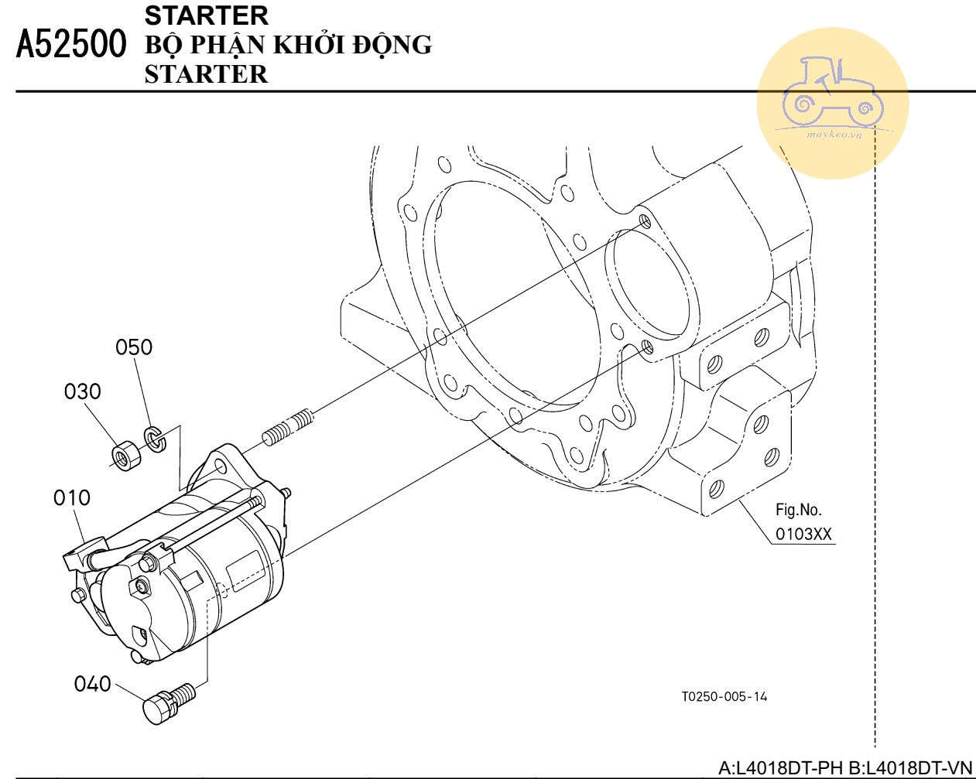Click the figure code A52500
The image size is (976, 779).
[x=71, y=44]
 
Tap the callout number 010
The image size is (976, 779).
[x=72, y=498]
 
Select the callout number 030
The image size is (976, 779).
[x=82, y=391]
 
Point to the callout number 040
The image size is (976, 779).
[x=93, y=684]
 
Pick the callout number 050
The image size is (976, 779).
[x=134, y=347]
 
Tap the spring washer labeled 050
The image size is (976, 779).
[x=156, y=439]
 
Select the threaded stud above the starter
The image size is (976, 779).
[x=288, y=427]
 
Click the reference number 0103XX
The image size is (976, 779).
[x=803, y=534]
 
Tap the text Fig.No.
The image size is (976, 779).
[x=798, y=510]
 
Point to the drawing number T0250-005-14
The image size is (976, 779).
[x=724, y=696]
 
